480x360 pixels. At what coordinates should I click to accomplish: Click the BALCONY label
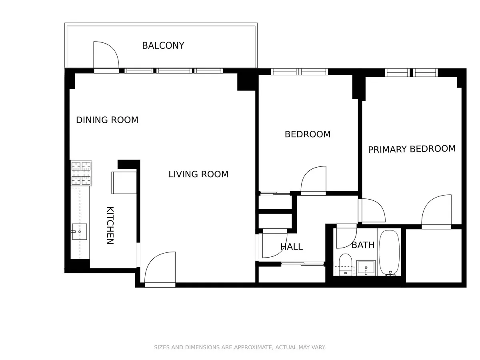[x=163, y=46]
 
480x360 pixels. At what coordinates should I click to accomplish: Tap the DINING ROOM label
[x=107, y=120]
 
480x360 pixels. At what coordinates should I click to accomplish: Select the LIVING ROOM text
[x=198, y=174]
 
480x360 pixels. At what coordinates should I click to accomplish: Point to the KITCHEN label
[x=110, y=225]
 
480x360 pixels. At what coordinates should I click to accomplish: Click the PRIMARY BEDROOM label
[x=412, y=149]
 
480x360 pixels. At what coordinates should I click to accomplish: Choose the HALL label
[x=291, y=247]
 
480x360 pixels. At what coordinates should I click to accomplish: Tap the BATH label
[x=363, y=245]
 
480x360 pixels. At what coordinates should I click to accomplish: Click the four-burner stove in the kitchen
[x=81, y=173]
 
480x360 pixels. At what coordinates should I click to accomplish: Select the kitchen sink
[x=79, y=232]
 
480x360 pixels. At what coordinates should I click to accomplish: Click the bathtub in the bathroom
[x=389, y=253]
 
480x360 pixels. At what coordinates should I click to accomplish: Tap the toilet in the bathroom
[x=345, y=264]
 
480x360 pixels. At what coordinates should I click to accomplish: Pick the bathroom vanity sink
[x=366, y=267]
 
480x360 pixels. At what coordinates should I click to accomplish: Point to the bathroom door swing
[x=345, y=238]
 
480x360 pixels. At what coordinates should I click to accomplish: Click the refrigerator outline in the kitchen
[x=124, y=182]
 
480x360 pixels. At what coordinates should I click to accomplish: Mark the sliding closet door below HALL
[x=303, y=264]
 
